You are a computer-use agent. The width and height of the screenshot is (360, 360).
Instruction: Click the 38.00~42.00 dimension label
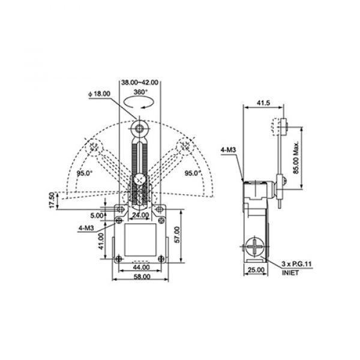(x=140, y=82)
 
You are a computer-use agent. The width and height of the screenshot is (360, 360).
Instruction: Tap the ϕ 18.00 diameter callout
(x=100, y=94)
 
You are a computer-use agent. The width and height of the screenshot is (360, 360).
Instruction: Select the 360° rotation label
(x=140, y=92)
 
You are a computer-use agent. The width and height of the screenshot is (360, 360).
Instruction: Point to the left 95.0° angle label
(x=85, y=173)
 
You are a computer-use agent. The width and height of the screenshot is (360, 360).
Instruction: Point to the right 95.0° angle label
(x=193, y=173)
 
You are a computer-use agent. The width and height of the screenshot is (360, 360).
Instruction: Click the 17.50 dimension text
(x=52, y=200)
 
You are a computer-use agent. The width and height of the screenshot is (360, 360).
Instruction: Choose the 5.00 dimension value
(x=97, y=215)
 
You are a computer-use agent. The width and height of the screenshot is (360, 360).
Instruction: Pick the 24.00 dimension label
(x=140, y=215)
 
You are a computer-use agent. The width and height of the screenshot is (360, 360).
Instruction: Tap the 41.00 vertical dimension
(x=101, y=241)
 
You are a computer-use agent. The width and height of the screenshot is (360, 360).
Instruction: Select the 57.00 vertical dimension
(x=177, y=235)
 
